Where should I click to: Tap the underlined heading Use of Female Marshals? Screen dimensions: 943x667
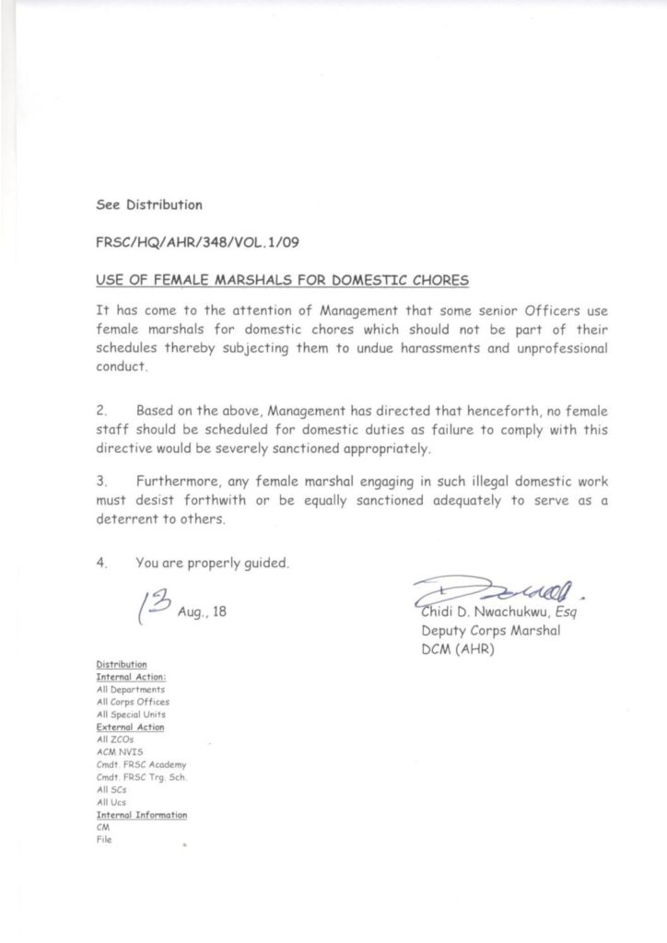(x=282, y=279)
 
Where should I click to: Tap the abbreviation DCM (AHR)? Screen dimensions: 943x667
(x=457, y=650)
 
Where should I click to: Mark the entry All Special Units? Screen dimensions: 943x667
(x=131, y=715)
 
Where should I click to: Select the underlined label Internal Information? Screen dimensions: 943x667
(x=142, y=815)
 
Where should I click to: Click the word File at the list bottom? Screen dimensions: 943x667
(x=103, y=840)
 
